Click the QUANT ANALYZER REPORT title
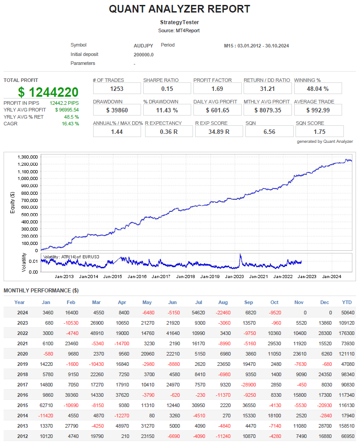pos(180,9)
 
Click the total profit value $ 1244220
pos(48,92)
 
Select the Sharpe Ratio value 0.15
pos(167,89)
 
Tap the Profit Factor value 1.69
pos(217,89)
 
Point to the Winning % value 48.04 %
pos(317,89)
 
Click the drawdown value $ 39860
pos(117,110)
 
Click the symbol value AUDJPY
pos(144,46)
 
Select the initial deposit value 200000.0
pos(144,55)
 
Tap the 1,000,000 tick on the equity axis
pos(28,178)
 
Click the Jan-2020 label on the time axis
pos(234,277)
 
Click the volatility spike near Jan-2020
pos(240,257)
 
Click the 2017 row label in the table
pos(22,384)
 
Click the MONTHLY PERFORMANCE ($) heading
pos(41,291)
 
